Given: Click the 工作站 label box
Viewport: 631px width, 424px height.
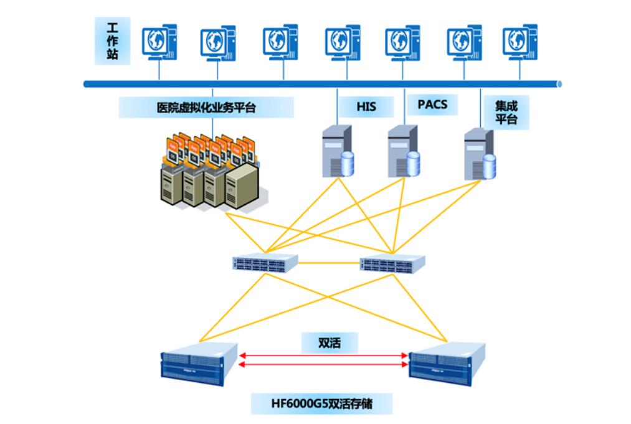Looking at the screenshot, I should click(112, 40).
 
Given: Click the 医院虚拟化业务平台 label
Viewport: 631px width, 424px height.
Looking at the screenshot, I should click(206, 107).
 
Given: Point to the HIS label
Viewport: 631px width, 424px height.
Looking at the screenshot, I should click(366, 106).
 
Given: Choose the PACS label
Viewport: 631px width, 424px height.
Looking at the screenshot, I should click(432, 104).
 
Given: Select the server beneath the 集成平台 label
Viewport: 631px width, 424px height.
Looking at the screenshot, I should click(480, 154).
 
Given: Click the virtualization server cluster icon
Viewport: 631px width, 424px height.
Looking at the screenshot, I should click(209, 171).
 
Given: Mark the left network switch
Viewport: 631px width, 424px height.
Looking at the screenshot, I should click(264, 263).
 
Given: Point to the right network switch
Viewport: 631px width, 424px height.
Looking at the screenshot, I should click(392, 263).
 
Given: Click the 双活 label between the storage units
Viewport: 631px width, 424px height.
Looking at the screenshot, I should click(330, 342).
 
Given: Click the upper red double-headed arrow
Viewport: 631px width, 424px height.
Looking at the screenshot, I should click(324, 356).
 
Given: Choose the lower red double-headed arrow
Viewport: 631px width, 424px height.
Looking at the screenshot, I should click(324, 365).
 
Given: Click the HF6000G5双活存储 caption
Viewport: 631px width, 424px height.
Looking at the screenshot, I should click(321, 403).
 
